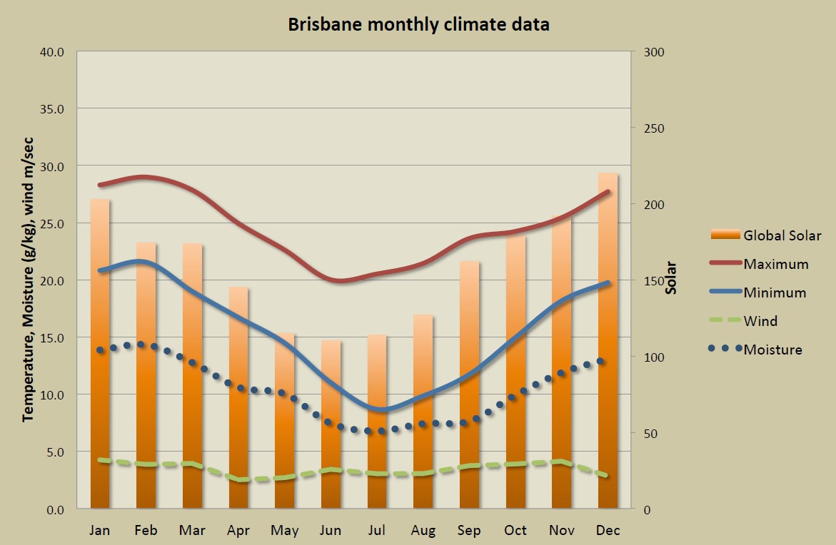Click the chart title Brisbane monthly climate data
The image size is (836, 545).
coord(418,24)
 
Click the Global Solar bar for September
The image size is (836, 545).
coord(470,385)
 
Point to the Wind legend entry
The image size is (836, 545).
coord(760,321)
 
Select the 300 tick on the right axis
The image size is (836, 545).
coord(655,52)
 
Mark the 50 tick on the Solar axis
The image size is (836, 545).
coord(651,433)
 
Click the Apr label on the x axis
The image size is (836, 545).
coord(238,530)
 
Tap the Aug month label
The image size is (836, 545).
coord(423,530)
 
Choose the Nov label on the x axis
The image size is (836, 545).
coord(562,530)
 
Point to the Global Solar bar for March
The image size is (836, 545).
coord(192,378)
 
